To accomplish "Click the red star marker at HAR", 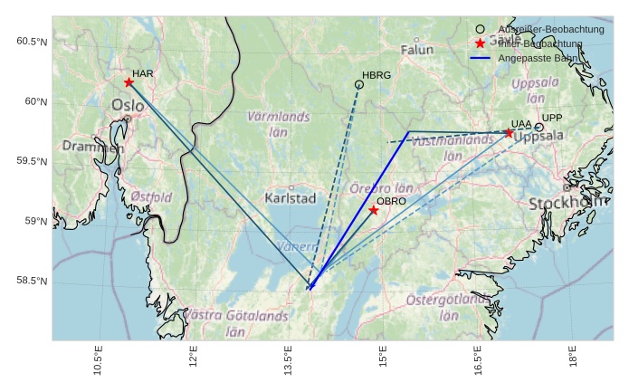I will tap(129, 82).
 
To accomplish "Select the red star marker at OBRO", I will tap(374, 210).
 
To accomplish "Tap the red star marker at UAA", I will tap(509, 133).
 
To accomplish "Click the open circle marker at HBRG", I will tap(359, 84).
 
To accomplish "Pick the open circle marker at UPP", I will tap(538, 128).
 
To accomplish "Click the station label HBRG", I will tap(376, 75).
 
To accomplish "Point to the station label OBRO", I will tap(391, 201).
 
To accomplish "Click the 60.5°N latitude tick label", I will tap(31, 42).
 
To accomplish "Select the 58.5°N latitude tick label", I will tap(31, 281).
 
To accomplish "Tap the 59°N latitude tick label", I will tap(34, 221).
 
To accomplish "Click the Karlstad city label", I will tap(291, 197).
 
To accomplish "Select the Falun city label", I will tap(417, 50).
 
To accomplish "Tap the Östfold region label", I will tap(151, 196).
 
